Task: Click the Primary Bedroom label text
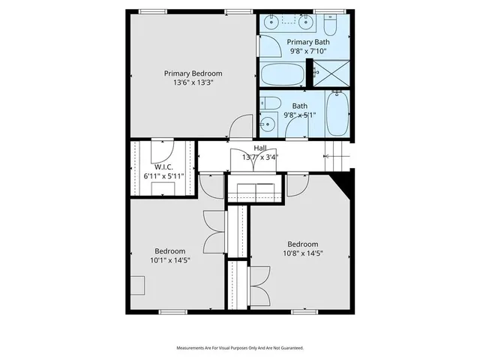pos(193,73)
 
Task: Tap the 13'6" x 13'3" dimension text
pos(193,83)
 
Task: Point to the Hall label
pos(260,148)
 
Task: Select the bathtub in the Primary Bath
pos(283,75)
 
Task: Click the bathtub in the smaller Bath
pos(337,114)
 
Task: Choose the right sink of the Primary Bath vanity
pos(307,22)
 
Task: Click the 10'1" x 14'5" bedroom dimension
pos(169,260)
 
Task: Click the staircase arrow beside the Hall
pos(327,156)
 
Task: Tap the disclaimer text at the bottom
pos(239,348)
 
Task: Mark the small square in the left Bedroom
pos(136,285)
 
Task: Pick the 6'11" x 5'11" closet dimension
pos(163,175)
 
